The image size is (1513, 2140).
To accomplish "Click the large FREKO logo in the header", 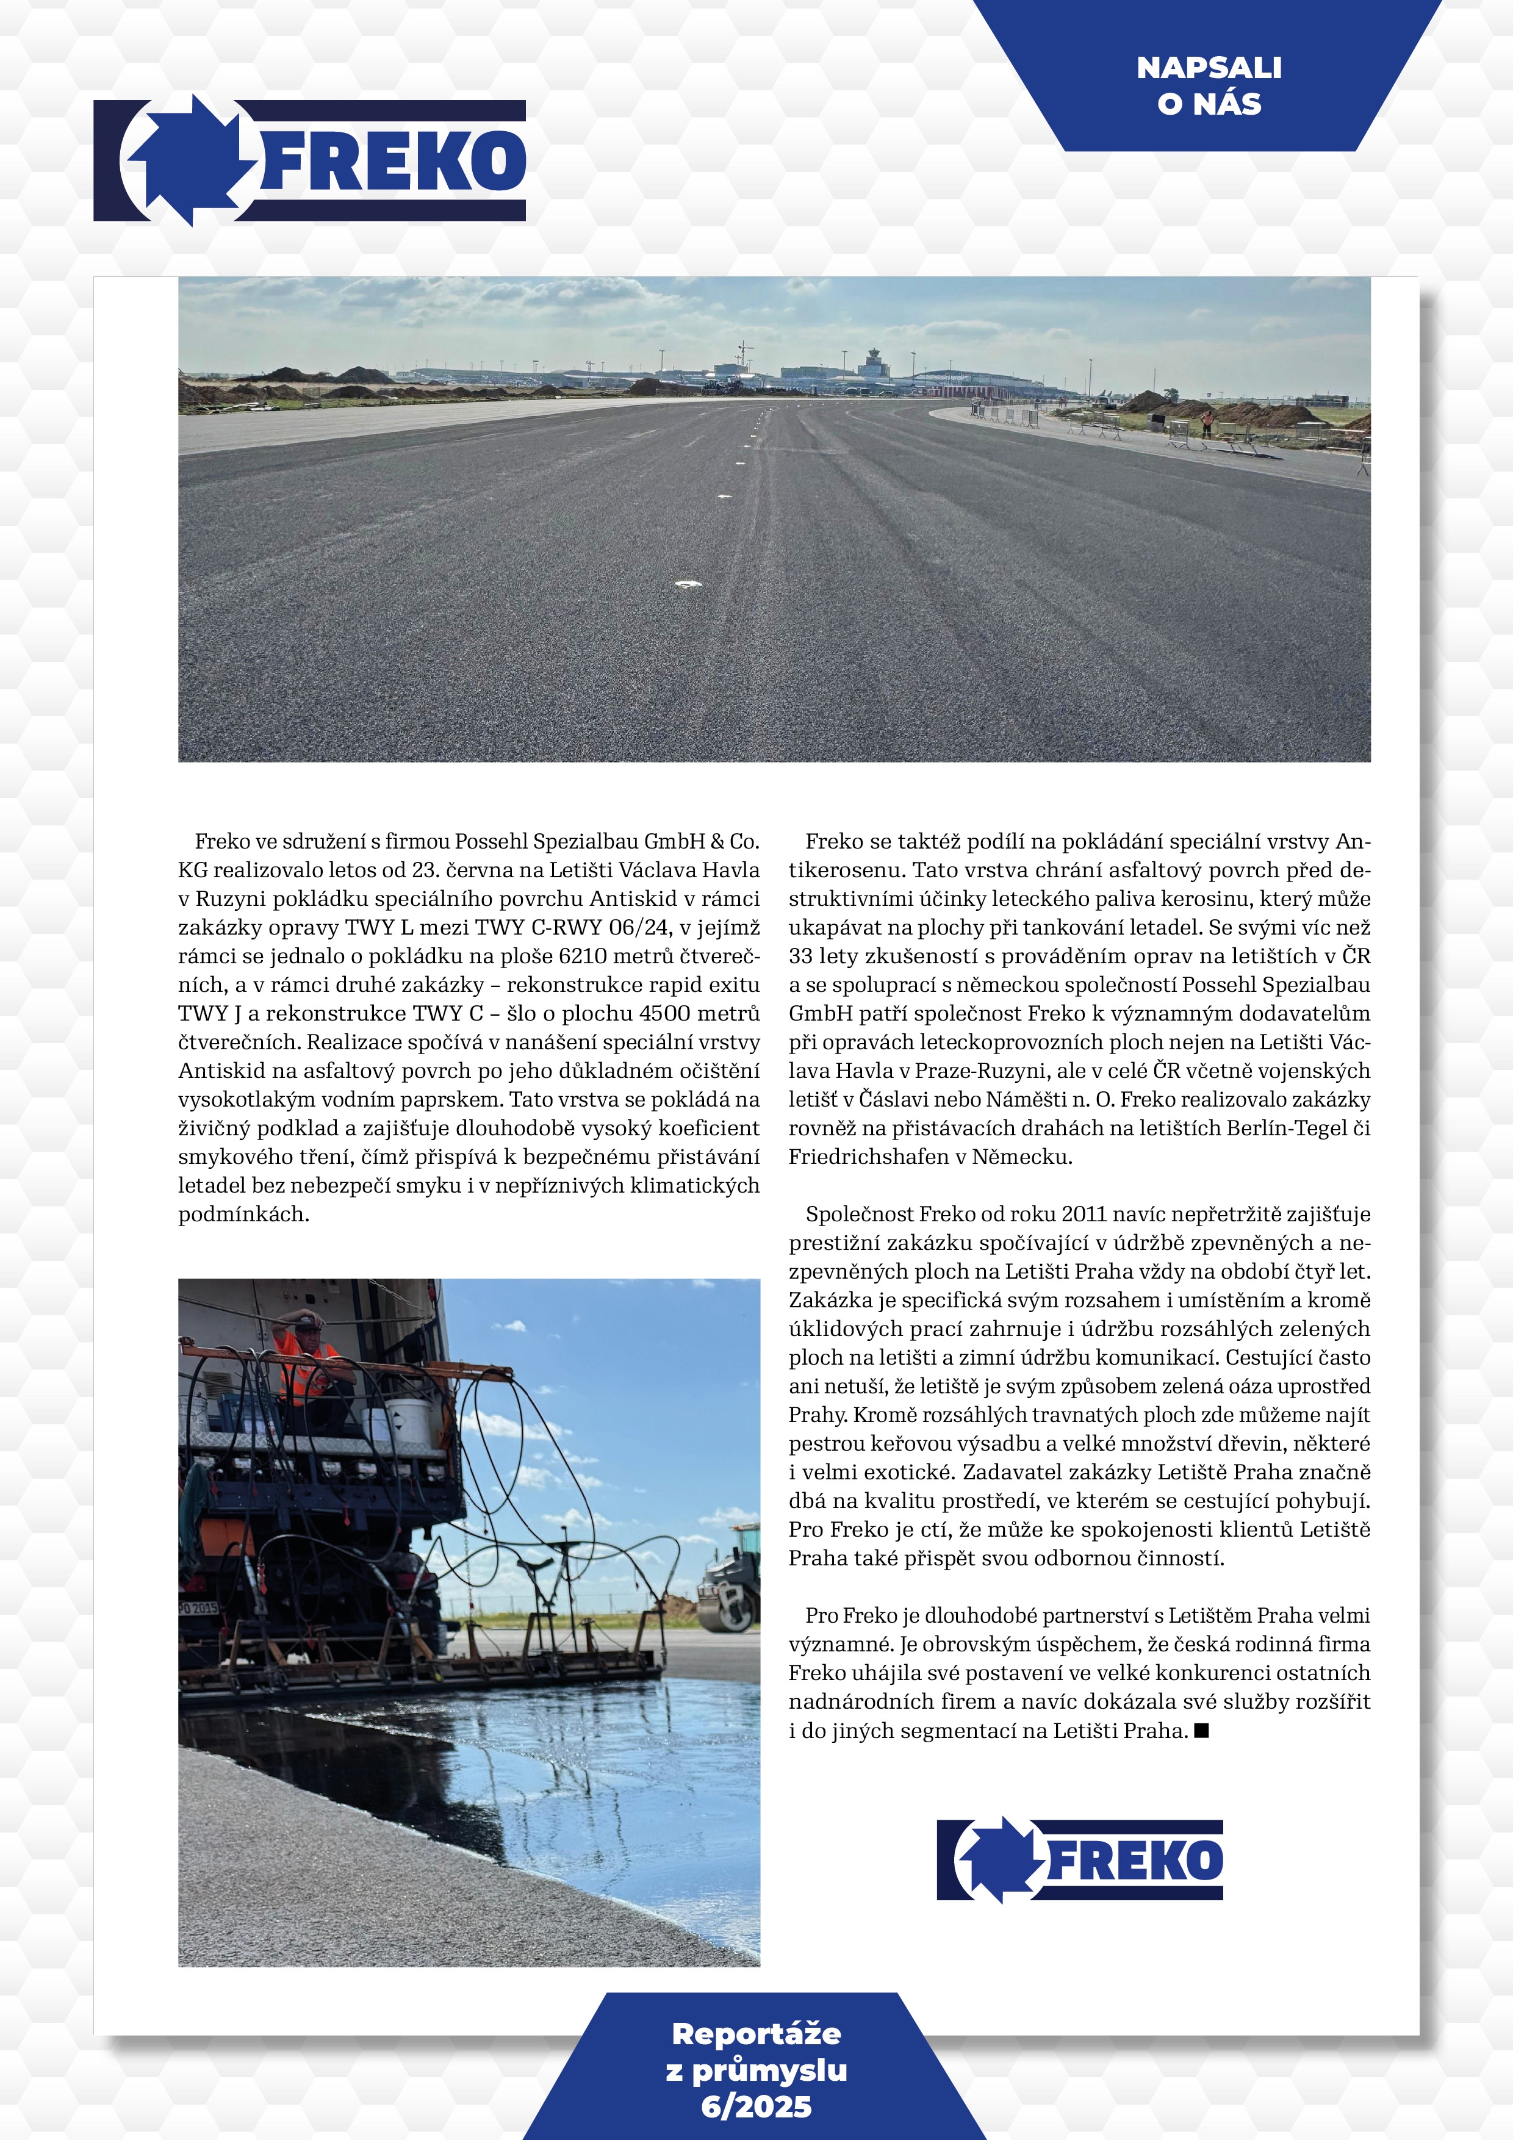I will (309, 160).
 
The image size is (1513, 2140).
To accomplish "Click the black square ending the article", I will (1201, 1731).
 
